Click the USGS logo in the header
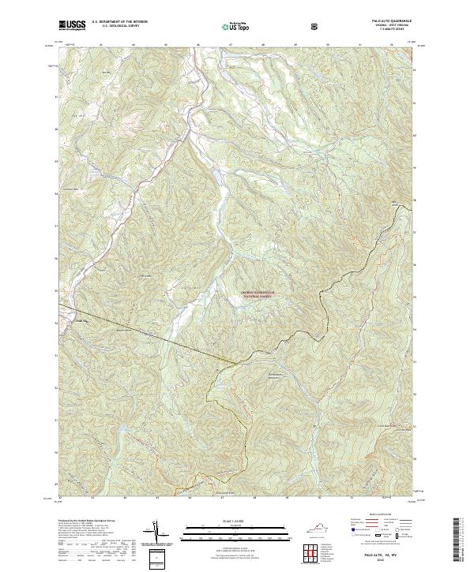71,25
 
